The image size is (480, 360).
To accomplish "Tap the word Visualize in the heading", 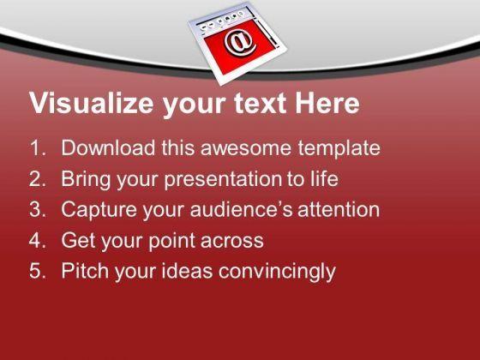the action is tap(91, 103).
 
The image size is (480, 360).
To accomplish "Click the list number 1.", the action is tap(38, 147).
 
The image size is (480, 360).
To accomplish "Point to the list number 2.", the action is tap(38, 179).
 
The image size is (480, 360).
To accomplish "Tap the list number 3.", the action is tap(38, 209).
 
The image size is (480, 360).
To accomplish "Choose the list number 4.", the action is tap(38, 240).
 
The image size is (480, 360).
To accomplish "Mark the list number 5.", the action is tap(38, 271).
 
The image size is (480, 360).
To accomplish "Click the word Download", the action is tap(108, 147).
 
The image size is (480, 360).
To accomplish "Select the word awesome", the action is tap(246, 148).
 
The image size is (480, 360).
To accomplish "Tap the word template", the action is tap(339, 149).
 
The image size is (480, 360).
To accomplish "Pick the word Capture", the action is tap(99, 210).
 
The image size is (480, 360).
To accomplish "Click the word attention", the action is tap(339, 209).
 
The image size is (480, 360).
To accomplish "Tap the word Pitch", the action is tap(85, 270).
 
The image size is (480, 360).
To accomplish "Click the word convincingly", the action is tap(277, 272).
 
